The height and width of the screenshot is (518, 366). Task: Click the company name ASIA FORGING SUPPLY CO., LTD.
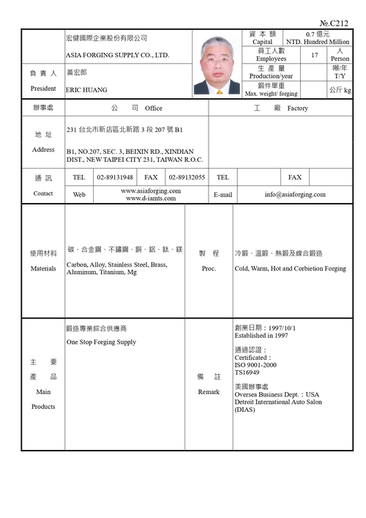tap(117, 56)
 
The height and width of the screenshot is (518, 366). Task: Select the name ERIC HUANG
tap(86, 89)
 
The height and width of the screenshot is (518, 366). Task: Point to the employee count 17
tap(315, 56)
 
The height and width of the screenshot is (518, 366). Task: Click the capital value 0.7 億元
tap(318, 34)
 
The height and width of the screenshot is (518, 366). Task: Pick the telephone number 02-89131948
tap(115, 177)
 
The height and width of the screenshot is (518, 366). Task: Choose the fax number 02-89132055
tap(187, 177)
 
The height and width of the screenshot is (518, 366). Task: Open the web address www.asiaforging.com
tap(151, 190)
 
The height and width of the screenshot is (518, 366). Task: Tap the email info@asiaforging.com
tap(295, 195)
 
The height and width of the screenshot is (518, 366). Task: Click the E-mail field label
tap(223, 195)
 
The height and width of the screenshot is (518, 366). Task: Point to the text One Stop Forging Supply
tap(101, 342)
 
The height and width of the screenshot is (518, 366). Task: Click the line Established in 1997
tap(261, 336)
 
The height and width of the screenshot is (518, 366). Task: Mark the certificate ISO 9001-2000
tap(255, 364)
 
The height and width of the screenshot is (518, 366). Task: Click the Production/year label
tap(271, 76)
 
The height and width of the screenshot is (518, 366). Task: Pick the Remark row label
tap(209, 392)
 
